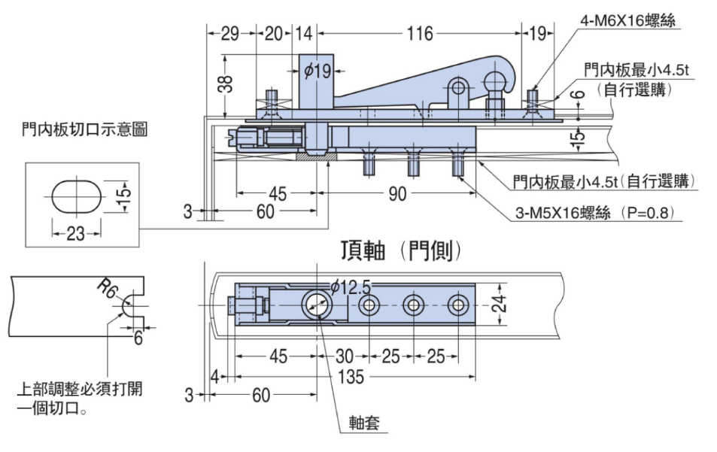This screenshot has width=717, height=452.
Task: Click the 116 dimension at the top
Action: click(x=420, y=33)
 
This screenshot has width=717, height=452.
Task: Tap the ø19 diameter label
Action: click(x=317, y=71)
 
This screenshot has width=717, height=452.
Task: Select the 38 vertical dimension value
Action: click(x=226, y=84)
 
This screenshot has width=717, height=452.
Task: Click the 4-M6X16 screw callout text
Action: click(x=627, y=20)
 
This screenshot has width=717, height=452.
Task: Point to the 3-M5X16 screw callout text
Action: click(x=594, y=213)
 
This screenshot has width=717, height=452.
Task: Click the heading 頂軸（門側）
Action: click(x=401, y=251)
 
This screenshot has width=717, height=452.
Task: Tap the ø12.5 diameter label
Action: click(x=351, y=287)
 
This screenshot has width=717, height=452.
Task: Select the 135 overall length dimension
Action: click(x=351, y=377)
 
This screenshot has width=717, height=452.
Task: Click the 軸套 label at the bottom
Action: click(x=364, y=423)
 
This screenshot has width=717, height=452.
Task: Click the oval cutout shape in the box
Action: click(x=76, y=196)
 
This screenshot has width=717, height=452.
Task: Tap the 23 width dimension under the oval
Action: click(x=76, y=234)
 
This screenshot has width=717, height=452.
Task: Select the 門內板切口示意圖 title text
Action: click(x=85, y=129)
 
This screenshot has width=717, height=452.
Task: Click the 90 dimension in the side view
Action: click(x=397, y=194)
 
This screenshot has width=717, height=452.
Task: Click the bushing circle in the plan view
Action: click(x=316, y=305)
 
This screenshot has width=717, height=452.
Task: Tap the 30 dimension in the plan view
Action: click(x=345, y=356)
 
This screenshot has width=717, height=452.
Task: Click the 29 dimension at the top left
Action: click(x=230, y=33)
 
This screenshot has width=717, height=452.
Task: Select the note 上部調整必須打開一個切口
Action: click(x=80, y=398)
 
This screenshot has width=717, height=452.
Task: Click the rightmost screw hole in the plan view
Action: click(x=458, y=305)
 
